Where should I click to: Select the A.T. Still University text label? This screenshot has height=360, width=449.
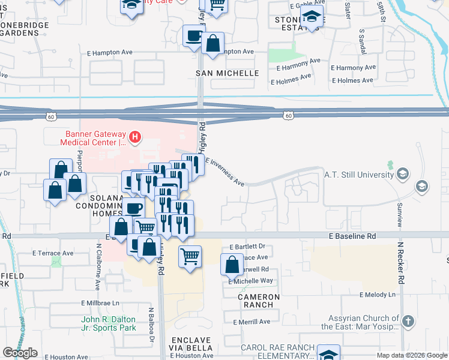(358, 175)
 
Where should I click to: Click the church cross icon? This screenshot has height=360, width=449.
(408, 321)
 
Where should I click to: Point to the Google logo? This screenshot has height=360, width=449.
(20, 353)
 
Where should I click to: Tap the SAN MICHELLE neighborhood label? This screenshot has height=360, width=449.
(228, 73)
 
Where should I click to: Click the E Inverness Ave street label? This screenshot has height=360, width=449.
(225, 172)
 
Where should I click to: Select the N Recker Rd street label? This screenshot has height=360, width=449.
(401, 264)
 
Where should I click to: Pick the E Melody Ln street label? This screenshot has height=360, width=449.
(378, 295)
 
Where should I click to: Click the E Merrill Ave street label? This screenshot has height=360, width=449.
(249, 322)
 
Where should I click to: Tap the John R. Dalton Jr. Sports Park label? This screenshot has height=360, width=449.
(109, 323)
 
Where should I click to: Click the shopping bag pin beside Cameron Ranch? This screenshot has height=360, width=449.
(232, 265)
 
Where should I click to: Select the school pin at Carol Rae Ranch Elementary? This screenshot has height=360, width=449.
(328, 355)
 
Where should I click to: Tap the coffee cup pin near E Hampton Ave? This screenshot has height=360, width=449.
(194, 37)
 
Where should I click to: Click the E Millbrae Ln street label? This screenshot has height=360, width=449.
(99, 303)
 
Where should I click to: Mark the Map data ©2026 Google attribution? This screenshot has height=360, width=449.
(411, 355)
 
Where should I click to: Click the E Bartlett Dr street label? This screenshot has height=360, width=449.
(247, 247)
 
